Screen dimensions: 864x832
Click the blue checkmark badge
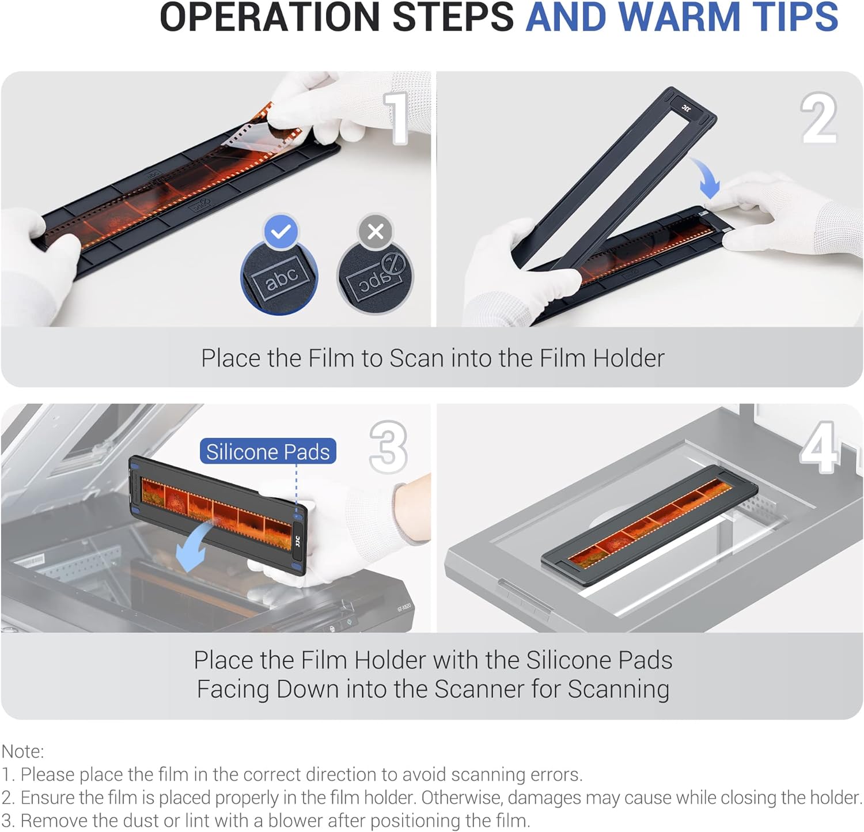pyautogui.click(x=281, y=232)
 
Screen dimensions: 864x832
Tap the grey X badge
pyautogui.click(x=376, y=232)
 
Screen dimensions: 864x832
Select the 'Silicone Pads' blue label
pyautogui.click(x=268, y=452)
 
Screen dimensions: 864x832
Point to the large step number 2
pyautogui.click(x=819, y=118)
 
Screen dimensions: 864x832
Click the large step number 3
pyautogui.click(x=389, y=447)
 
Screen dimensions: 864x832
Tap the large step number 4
pyautogui.click(x=818, y=447)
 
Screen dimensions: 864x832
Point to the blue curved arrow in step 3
pyautogui.click(x=196, y=544)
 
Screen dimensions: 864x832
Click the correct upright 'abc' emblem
pyautogui.click(x=279, y=278)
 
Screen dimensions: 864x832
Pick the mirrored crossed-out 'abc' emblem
pyautogui.click(x=376, y=278)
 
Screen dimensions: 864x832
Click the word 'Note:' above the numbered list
pyautogui.click(x=23, y=751)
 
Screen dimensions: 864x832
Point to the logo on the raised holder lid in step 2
pyautogui.click(x=686, y=107)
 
